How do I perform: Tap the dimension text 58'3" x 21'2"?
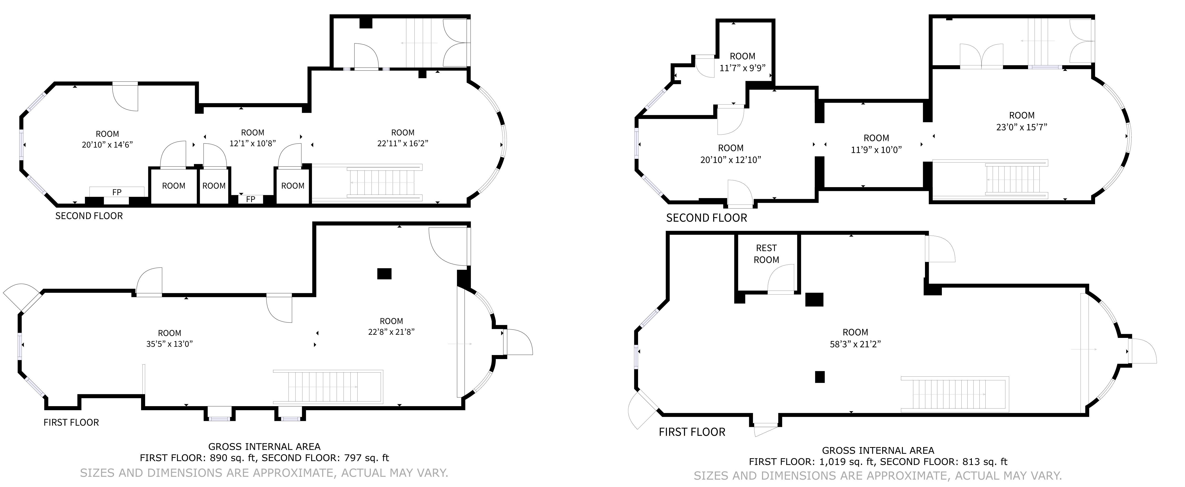[x=855, y=344]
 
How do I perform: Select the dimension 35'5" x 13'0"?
[x=169, y=344]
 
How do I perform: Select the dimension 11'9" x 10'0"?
[x=876, y=150]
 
